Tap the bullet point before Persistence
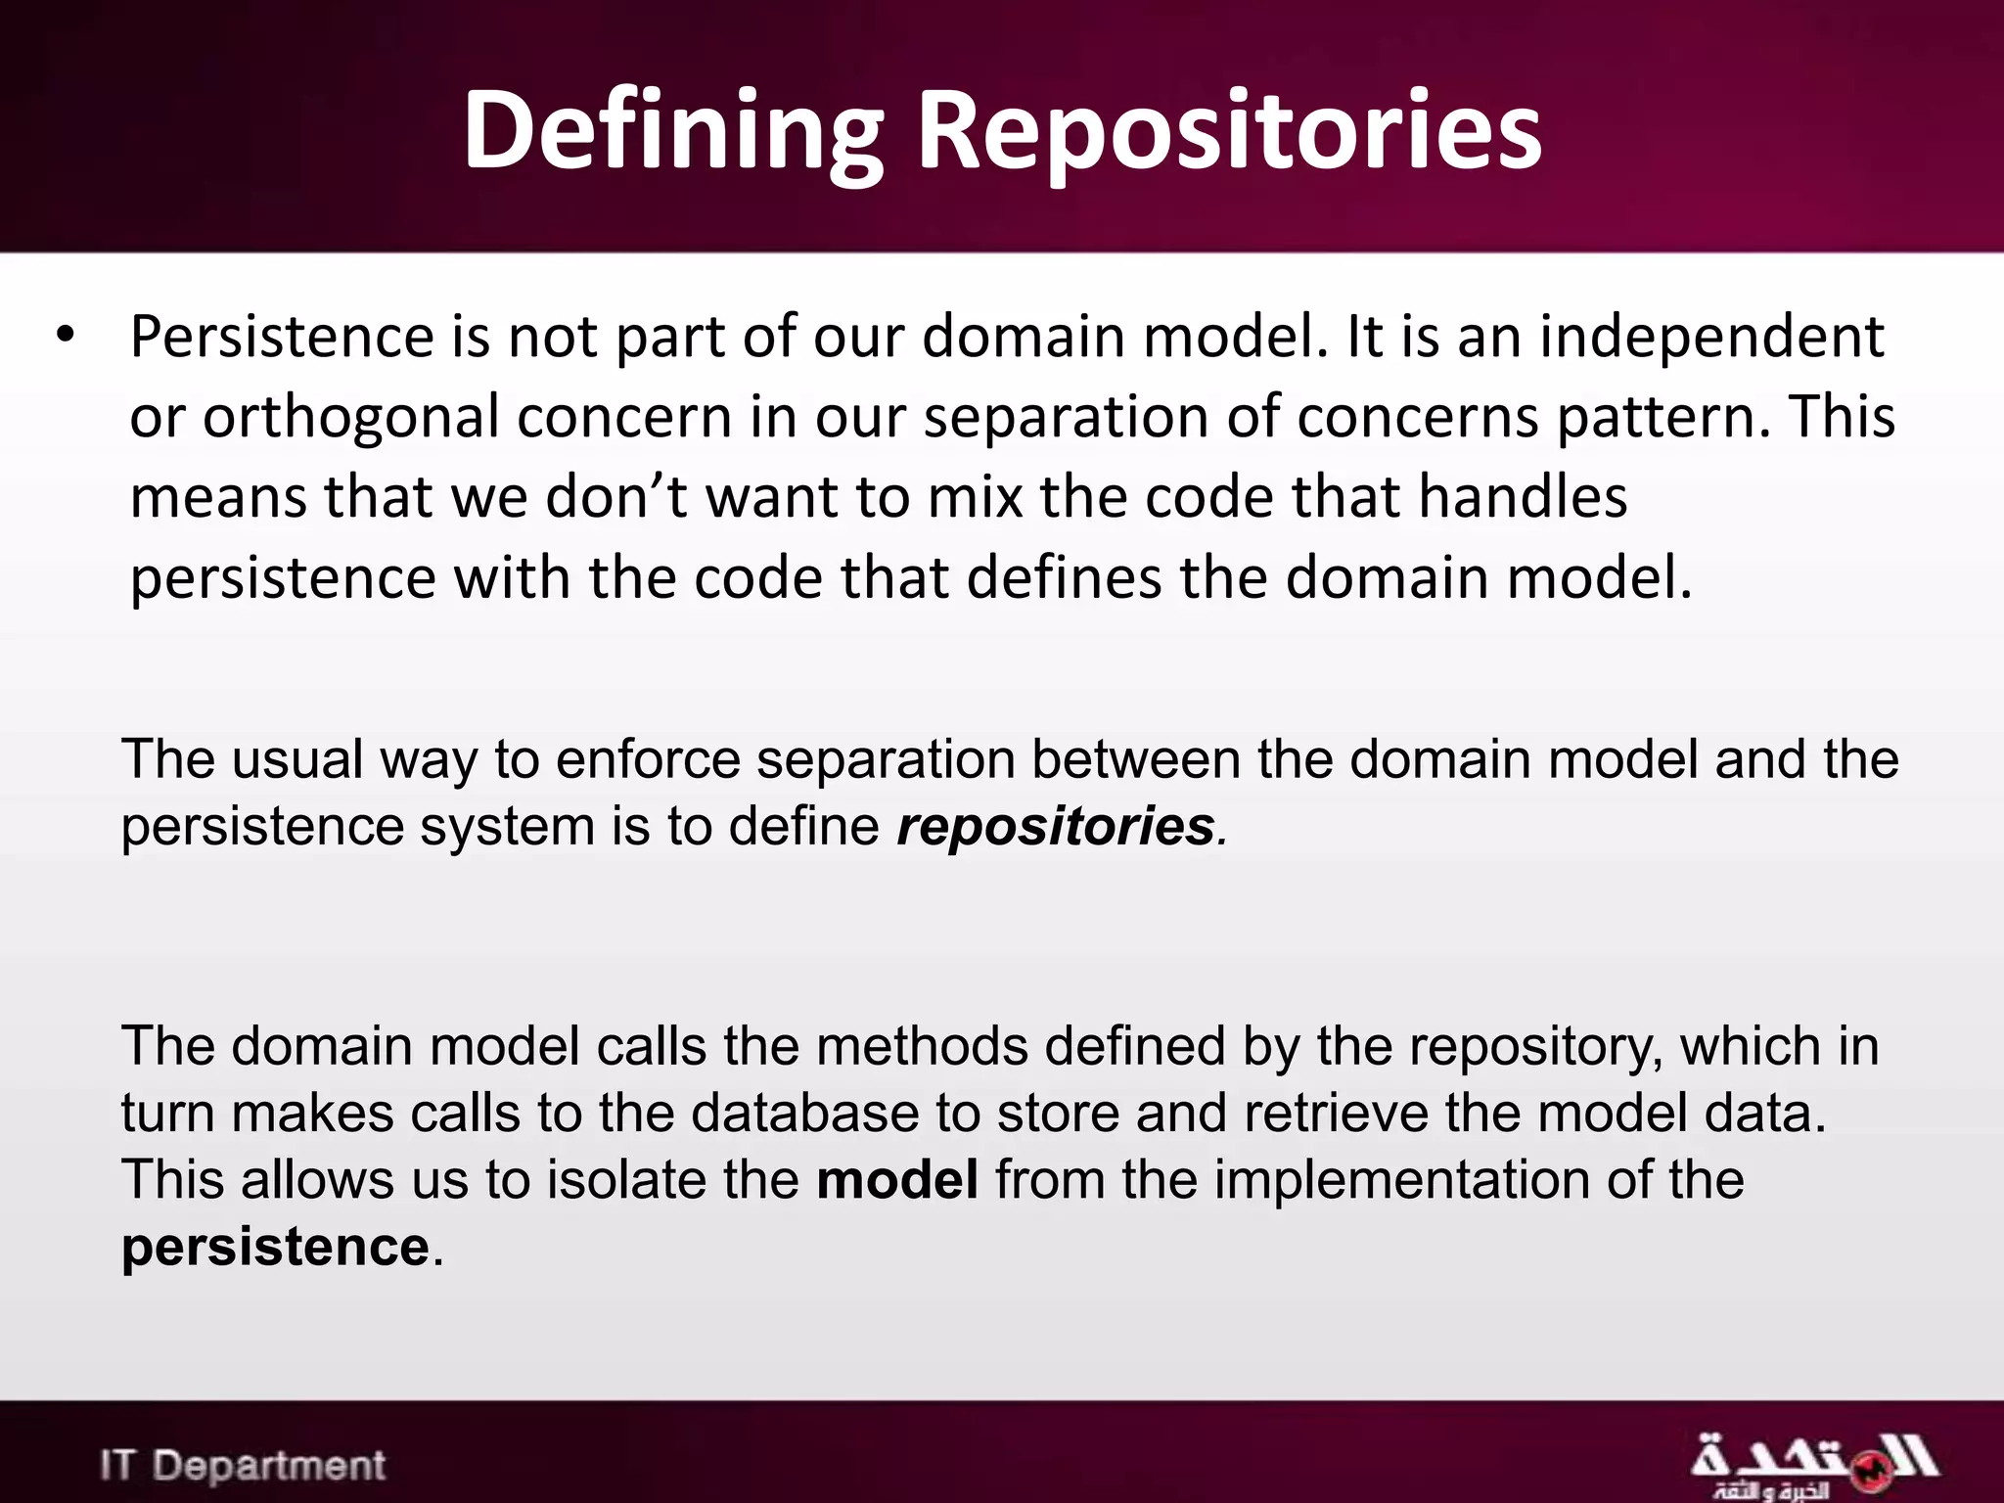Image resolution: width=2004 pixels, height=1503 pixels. click(x=66, y=335)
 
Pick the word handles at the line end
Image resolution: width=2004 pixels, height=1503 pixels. click(x=1523, y=496)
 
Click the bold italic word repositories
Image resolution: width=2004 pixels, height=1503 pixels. click(x=1055, y=827)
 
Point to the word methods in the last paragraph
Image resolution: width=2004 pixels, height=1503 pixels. click(x=921, y=1046)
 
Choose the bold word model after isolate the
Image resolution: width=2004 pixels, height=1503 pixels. click(x=896, y=1180)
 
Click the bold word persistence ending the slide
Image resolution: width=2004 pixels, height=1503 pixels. click(x=275, y=1248)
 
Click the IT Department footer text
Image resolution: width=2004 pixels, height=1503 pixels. click(x=243, y=1466)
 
